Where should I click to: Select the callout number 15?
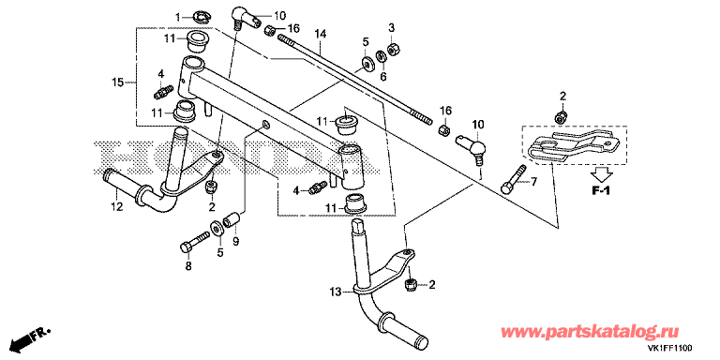(117, 82)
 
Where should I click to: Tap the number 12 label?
(116, 206)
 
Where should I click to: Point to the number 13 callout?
(336, 292)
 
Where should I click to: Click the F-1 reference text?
(600, 191)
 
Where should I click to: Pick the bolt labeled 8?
(195, 242)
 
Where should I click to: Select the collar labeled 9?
(232, 217)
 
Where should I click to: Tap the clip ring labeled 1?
(199, 18)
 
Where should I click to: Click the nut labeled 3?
(394, 48)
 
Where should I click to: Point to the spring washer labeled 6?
(381, 57)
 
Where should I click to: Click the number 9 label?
(235, 240)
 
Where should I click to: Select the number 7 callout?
(534, 182)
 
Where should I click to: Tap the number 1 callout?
(178, 18)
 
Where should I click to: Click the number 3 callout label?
(392, 27)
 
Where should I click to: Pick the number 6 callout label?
(383, 75)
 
